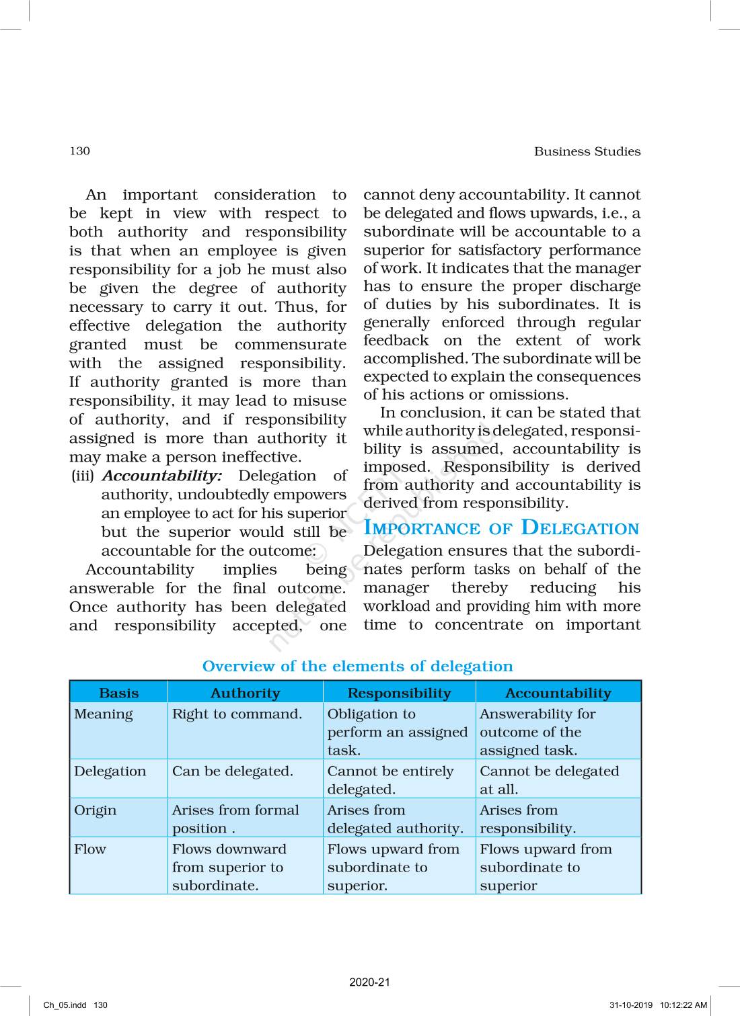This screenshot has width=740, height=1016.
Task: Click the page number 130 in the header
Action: pos(79,151)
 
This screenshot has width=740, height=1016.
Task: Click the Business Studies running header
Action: pos(587,151)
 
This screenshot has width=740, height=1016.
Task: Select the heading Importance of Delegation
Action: pos(501,528)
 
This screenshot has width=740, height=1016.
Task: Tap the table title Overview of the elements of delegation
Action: pos(357,666)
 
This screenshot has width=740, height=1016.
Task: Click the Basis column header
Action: pos(118,693)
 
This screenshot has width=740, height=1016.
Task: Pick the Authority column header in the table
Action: pos(245,693)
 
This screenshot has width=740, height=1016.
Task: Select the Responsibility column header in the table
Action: pos(399,693)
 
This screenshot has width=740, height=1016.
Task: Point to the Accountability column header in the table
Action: pos(558,693)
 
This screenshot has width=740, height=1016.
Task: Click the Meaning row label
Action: pos(103,714)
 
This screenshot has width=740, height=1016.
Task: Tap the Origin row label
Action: pos(95,810)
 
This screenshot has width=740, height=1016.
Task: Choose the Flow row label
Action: pos(90,849)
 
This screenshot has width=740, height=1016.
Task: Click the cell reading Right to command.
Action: pos(237,714)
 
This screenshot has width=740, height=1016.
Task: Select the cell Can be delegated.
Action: pos(232,771)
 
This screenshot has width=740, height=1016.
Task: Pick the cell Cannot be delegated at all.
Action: pos(548,779)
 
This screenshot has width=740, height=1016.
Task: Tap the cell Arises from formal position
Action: pos(235,818)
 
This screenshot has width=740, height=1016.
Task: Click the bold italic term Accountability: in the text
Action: pos(161,476)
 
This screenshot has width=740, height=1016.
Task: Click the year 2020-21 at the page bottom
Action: pos(369,982)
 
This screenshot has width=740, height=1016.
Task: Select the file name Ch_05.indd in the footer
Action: pos(65,1005)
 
